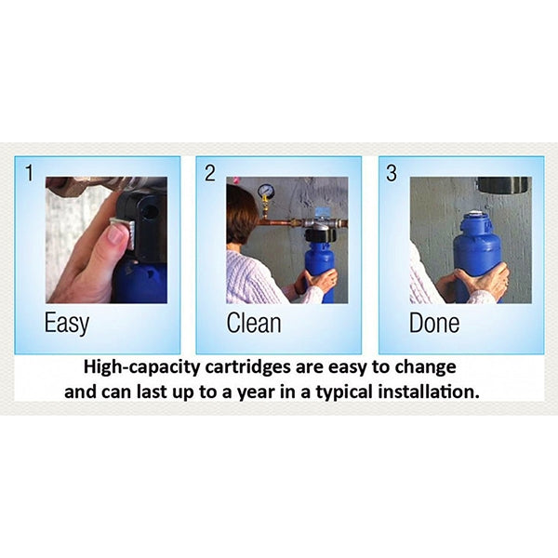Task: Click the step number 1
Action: (30, 173)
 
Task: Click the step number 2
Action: (210, 173)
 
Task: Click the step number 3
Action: (392, 173)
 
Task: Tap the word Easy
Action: (67, 324)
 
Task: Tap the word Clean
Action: (254, 323)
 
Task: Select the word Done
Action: (434, 323)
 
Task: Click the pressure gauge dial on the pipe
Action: (266, 192)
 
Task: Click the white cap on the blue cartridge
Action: (475, 214)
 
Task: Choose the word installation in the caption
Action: (429, 392)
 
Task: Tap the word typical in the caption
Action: (344, 392)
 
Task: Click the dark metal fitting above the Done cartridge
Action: (502, 185)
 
